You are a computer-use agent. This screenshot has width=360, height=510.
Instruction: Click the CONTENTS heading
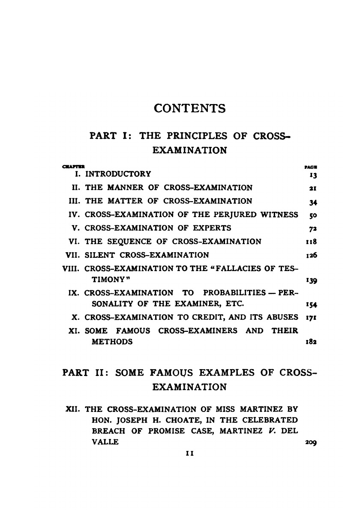pyautogui.click(x=189, y=108)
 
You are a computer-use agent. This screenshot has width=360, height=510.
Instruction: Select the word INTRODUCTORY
pyautogui.click(x=118, y=174)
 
